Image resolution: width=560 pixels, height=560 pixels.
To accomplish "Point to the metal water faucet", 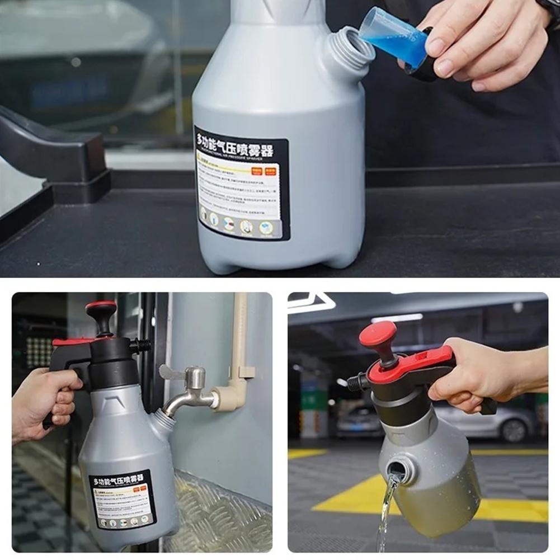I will click(190, 394).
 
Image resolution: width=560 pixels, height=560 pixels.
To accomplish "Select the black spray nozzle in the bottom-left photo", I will click(143, 345).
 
